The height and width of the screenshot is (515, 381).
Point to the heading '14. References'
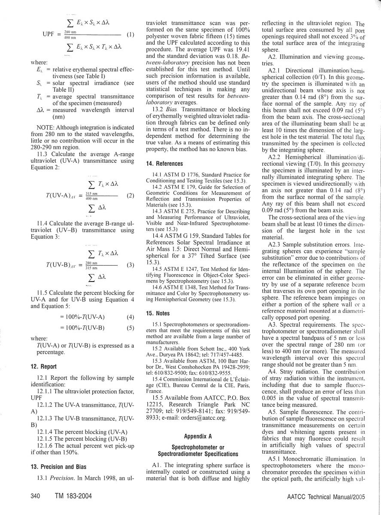[x=165, y=164]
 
